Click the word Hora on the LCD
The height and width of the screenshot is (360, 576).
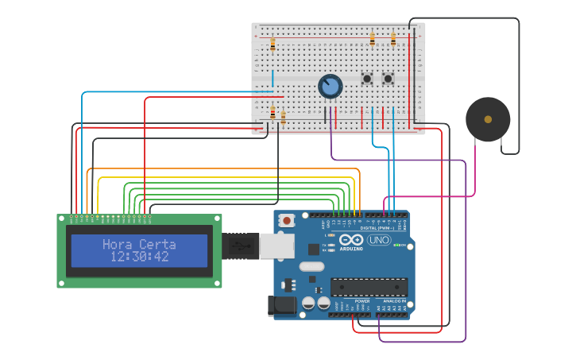tap(118, 244)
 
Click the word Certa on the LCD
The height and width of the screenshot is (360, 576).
tap(157, 244)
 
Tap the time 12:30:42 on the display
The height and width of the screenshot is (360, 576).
tap(139, 256)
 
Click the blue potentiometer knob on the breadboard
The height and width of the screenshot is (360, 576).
tap(330, 86)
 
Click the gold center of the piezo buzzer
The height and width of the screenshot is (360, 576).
tap(488, 119)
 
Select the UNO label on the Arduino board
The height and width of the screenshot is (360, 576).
tap(379, 240)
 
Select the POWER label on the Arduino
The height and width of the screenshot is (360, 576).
tap(361, 302)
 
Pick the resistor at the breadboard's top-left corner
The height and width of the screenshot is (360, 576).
tap(273, 45)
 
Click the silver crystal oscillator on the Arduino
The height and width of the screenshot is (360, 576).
tap(313, 266)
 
